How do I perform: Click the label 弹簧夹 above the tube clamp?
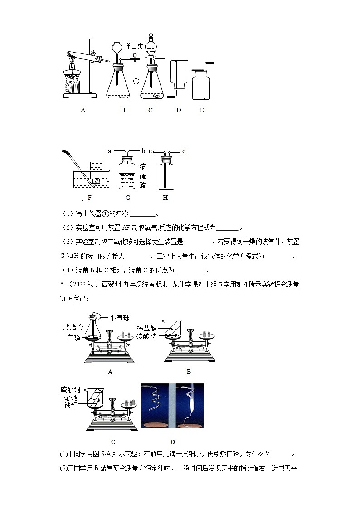(x=135, y=46)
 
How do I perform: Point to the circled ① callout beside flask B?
(x=136, y=81)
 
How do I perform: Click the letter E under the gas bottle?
(x=202, y=110)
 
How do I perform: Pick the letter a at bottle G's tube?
(x=110, y=151)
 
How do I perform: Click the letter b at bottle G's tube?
(x=143, y=151)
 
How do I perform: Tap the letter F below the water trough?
(x=89, y=198)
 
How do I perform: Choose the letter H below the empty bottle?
(x=165, y=198)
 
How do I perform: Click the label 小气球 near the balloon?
(x=120, y=318)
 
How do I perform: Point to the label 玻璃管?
(x=72, y=327)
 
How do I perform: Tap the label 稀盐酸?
(x=146, y=327)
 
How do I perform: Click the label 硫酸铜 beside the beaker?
(x=70, y=389)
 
